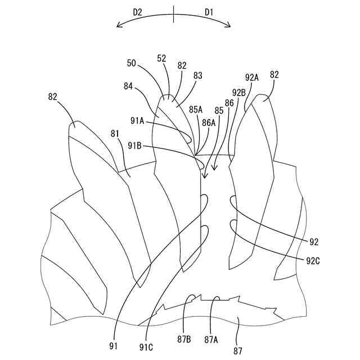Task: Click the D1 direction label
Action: click(209, 11)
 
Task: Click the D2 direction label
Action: click(138, 11)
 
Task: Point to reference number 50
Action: click(132, 64)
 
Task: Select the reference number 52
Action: click(162, 58)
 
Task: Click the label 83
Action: click(197, 75)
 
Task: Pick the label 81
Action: click(115, 133)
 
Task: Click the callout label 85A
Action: click(196, 110)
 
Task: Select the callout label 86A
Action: click(209, 122)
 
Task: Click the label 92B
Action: click(238, 92)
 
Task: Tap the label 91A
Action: click(137, 120)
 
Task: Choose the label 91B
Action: click(134, 145)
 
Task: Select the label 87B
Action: click(184, 339)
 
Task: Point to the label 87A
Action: click(211, 339)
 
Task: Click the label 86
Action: click(229, 103)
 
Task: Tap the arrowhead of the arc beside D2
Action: click(118, 25)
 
